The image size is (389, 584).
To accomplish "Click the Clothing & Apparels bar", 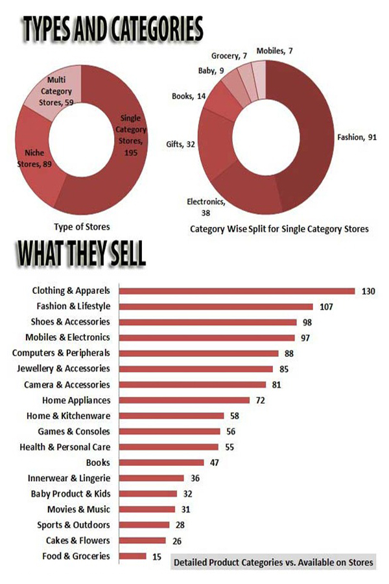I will [237, 291].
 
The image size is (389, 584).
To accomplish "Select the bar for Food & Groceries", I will [132, 556].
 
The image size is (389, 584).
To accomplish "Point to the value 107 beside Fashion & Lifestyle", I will [326, 306].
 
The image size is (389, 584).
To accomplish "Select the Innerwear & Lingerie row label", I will [69, 478].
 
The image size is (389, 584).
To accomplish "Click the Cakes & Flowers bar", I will [143, 541].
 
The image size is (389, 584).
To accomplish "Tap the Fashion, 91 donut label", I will [355, 138].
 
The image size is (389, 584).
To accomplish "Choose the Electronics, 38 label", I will [207, 206].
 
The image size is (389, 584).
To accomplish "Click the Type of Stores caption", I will [81, 226].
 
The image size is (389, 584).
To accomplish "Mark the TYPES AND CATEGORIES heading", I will [112, 29].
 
